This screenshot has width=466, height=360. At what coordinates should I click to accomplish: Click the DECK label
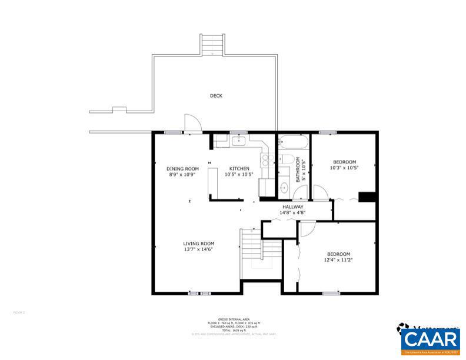pos(216,96)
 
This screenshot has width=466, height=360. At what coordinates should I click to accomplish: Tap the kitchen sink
pos(238,141)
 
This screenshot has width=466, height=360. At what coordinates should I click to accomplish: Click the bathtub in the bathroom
pos(292,142)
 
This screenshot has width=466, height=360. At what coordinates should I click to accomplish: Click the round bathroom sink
pos(284,189)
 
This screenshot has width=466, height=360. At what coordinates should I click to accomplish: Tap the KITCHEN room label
pos(239,169)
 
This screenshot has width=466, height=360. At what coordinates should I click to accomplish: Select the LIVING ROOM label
pos(198,243)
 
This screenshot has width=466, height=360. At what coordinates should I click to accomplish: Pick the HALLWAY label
pos(292,207)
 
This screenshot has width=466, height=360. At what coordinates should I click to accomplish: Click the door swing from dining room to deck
pos(192,123)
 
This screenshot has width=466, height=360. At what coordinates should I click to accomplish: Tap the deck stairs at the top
pos(212,45)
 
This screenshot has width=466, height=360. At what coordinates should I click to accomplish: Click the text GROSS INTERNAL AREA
pos(234,319)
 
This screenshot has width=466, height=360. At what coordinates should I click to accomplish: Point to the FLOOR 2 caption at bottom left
pos(19,312)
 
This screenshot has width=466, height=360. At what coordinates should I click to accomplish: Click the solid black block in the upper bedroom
pos(367,196)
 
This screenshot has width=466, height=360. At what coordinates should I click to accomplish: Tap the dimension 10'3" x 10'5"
pos(345,167)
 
